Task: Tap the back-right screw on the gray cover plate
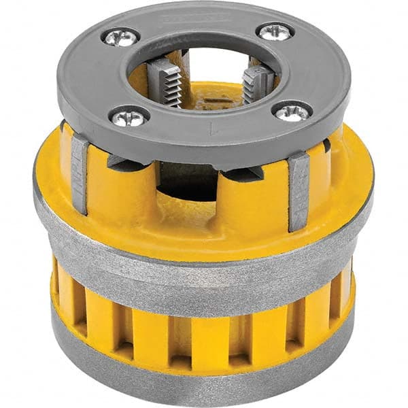click(x=275, y=31)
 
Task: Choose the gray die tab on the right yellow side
click(x=299, y=192)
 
